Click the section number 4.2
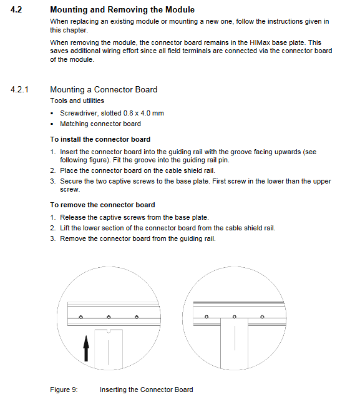click(x=16, y=10)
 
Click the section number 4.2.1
click(x=19, y=90)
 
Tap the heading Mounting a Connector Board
click(x=104, y=89)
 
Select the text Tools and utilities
click(x=77, y=101)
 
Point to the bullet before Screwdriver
click(x=52, y=114)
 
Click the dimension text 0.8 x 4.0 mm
click(x=144, y=113)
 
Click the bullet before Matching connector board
click(x=52, y=124)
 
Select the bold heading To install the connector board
click(x=100, y=139)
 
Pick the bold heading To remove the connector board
click(x=103, y=205)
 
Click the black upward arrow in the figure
click(x=86, y=348)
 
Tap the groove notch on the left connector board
click(x=109, y=331)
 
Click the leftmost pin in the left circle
click(x=80, y=317)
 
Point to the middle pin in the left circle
click(x=109, y=317)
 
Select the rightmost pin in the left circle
click(x=137, y=317)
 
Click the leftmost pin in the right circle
click(x=207, y=317)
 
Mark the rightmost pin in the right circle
click(x=262, y=317)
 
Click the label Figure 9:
click(x=64, y=390)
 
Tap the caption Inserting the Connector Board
click(x=147, y=390)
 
